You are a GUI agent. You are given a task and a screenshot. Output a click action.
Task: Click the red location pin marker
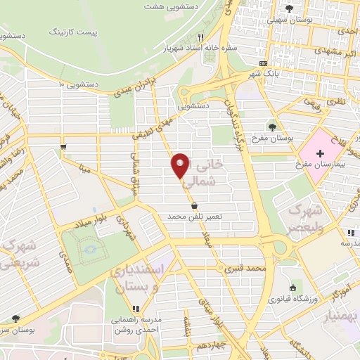click(x=181, y=165)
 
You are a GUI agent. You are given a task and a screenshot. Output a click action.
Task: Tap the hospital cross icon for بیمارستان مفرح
click(x=320, y=152)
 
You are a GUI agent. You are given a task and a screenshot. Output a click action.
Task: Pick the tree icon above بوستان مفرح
click(x=271, y=127)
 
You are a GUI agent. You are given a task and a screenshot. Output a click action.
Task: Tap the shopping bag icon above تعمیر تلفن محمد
click(x=195, y=205)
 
